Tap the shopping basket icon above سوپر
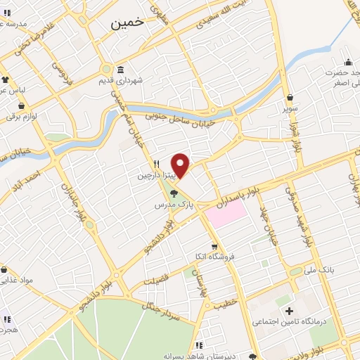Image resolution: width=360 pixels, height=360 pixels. [290, 98]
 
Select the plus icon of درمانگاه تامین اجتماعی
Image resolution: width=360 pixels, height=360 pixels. [288, 311]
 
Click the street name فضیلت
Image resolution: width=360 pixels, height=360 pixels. [157, 281]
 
